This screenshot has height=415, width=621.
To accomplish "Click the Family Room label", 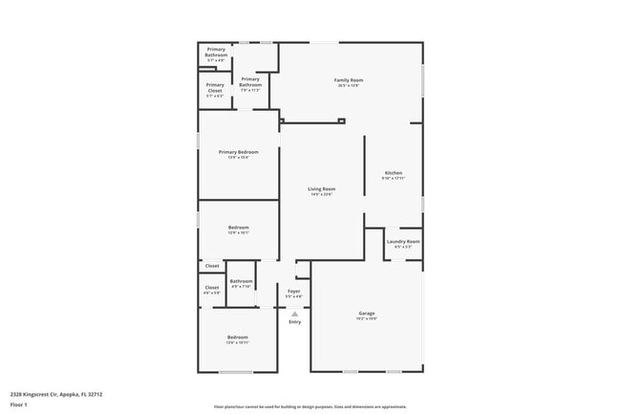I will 348,79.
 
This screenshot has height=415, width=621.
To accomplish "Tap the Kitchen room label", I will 393,173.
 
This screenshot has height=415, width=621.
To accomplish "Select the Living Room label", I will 321,189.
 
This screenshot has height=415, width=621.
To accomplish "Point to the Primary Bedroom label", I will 238,152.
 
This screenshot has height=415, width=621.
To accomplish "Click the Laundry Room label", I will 402,242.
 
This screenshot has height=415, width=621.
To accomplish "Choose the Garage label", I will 366,314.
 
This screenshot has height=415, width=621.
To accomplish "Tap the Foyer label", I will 294,291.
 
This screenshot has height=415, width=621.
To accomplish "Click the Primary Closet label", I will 215,87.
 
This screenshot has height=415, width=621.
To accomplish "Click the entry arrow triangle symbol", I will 294,313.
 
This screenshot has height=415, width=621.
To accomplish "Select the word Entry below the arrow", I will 294,321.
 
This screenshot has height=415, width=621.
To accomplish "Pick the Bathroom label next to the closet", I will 241,281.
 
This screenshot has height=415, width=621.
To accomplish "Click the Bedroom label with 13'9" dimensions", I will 238,227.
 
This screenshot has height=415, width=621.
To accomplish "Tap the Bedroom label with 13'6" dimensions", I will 237,338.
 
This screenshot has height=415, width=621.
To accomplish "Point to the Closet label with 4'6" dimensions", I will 212,287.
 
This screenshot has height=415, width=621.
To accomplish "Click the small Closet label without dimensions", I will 212,266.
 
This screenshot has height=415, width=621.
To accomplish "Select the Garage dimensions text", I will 366,319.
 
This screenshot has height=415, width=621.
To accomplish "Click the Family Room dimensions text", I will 348,85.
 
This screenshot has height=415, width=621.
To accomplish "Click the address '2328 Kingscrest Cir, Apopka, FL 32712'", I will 56,393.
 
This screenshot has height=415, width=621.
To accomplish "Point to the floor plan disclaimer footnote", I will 310,406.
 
